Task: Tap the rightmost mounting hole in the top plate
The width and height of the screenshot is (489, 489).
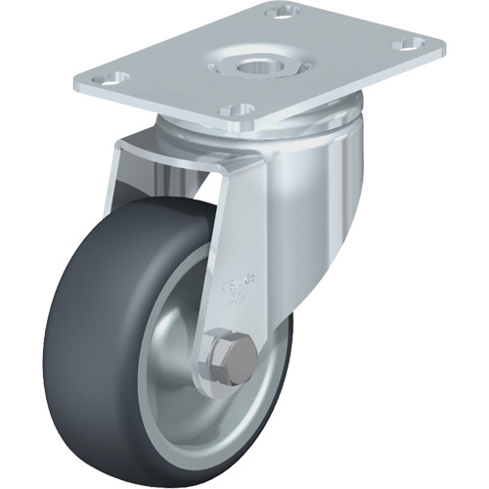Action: coord(404,43)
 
